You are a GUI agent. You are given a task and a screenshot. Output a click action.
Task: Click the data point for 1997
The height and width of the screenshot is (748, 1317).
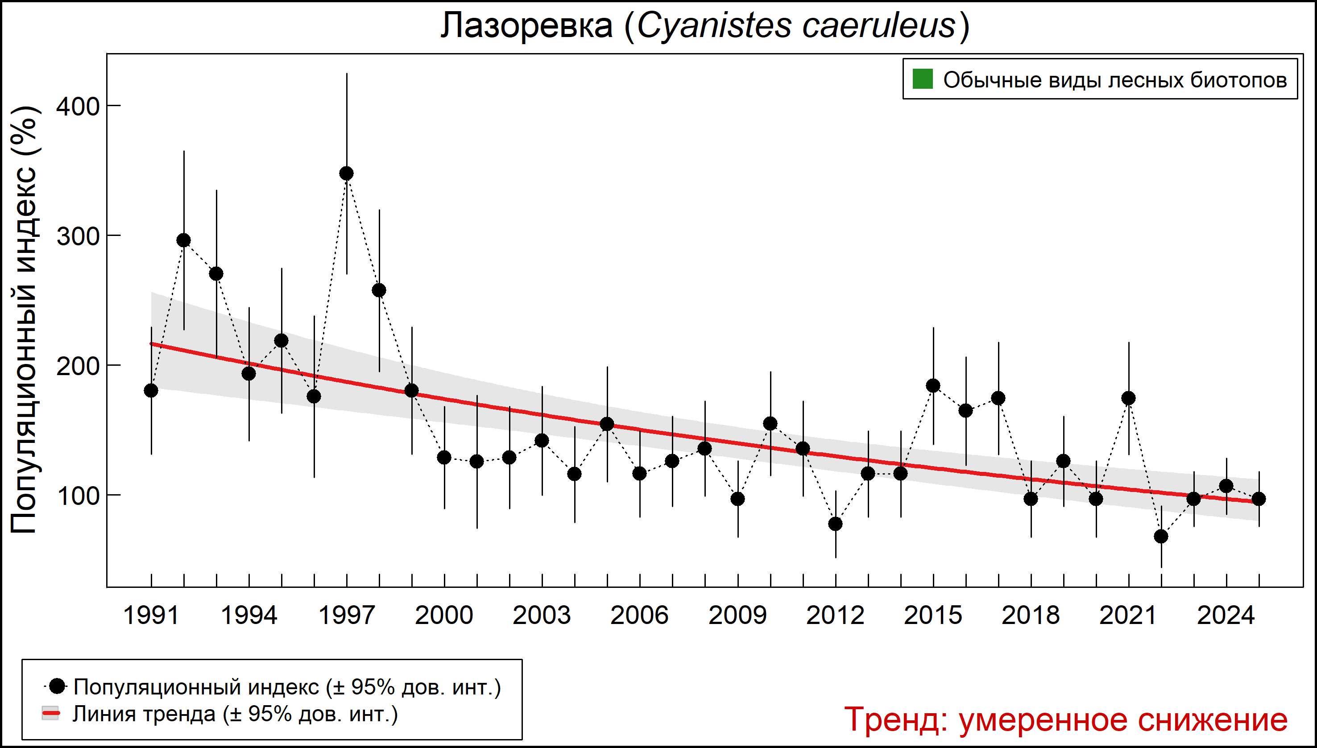coord(346,173)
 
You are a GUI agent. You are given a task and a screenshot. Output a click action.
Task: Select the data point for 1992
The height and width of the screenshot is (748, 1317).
coord(183,240)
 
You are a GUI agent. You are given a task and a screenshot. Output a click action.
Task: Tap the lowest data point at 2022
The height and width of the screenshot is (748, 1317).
coord(1161,536)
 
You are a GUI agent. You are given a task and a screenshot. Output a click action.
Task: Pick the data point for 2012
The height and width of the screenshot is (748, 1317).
coord(836,524)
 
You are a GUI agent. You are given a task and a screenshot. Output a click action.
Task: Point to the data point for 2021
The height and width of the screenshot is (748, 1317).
coord(1128,397)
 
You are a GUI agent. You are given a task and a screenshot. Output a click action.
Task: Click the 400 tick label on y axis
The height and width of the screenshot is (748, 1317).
coord(77,106)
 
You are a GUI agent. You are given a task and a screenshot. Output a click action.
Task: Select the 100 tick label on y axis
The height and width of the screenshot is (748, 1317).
coord(77,496)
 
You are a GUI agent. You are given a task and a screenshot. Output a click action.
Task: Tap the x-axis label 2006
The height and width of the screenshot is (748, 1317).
coord(639,616)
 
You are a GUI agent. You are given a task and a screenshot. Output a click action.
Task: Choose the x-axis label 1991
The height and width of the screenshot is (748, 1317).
coord(151,616)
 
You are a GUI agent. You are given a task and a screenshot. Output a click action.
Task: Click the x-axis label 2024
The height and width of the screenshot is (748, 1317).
coord(1226,616)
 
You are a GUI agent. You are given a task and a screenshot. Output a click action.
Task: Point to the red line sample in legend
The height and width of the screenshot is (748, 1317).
coord(51,714)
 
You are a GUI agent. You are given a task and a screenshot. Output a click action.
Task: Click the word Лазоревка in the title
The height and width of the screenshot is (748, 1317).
coord(527,26)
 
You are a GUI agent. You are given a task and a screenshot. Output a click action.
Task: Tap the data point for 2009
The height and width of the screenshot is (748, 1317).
coord(737,498)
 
